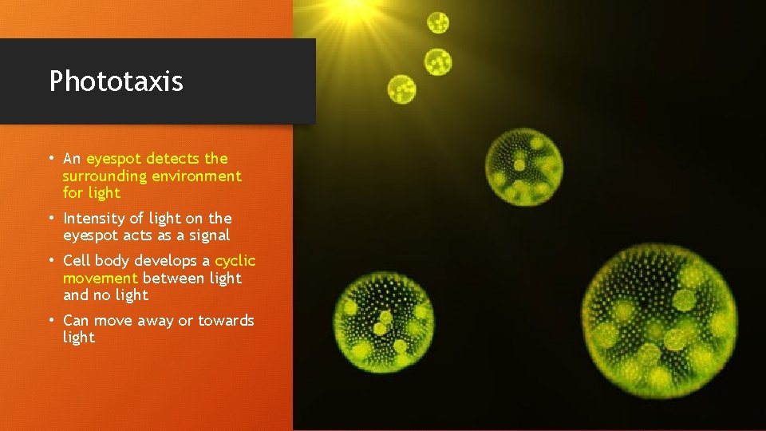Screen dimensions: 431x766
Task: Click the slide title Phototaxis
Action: click(116, 81)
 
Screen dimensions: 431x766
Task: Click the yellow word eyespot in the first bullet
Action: click(113, 159)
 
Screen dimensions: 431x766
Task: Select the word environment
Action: click(203, 176)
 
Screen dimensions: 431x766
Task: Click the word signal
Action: click(209, 235)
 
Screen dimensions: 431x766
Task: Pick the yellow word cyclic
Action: click(235, 261)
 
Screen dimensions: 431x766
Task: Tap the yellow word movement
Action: click(101, 278)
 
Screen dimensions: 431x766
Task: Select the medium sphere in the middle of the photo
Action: click(524, 167)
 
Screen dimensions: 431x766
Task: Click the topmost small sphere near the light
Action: click(438, 22)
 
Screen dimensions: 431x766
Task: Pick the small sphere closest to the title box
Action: click(401, 89)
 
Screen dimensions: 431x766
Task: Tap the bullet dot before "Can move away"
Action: click(51, 321)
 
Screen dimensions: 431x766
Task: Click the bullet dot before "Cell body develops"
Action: click(51, 261)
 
